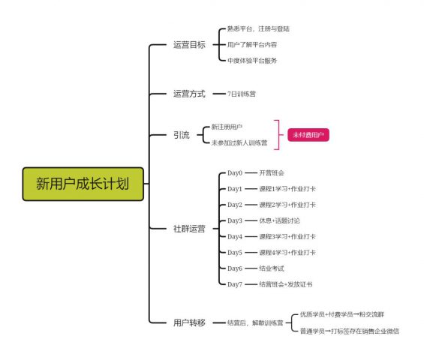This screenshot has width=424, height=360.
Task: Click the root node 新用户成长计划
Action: (x=82, y=184)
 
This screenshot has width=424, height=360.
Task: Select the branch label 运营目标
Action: (x=188, y=45)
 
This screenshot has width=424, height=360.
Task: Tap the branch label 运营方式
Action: (x=188, y=94)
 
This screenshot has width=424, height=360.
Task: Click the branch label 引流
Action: (x=181, y=135)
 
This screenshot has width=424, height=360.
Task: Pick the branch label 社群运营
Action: (x=188, y=227)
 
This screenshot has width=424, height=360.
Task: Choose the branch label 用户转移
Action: (x=188, y=322)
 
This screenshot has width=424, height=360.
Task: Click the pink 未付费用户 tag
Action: (x=308, y=135)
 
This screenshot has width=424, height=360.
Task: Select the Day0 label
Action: (x=235, y=173)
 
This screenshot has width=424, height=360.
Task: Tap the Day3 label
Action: (x=235, y=220)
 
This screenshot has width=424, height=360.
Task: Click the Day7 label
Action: (x=235, y=284)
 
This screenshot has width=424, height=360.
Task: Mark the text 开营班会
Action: (x=272, y=173)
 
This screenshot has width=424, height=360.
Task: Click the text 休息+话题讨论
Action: (x=279, y=220)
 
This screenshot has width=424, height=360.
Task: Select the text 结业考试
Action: (x=272, y=268)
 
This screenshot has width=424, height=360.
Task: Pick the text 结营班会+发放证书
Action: (x=285, y=284)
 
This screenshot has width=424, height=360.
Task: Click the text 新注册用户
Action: (x=227, y=127)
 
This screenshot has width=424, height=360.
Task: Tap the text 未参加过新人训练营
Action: (x=239, y=142)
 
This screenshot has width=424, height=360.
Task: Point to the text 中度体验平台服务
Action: (x=252, y=60)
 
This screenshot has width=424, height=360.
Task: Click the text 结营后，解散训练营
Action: (x=255, y=322)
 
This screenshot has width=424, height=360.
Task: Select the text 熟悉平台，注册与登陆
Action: (x=257, y=29)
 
